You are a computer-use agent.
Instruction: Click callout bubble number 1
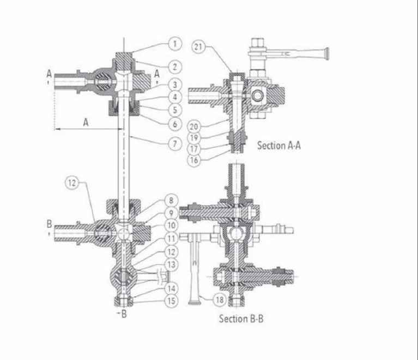174,43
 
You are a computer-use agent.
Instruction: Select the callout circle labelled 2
174,67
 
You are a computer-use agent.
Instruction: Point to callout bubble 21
198,47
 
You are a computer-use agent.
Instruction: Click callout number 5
174,111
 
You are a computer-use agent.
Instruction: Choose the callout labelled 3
174,85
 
